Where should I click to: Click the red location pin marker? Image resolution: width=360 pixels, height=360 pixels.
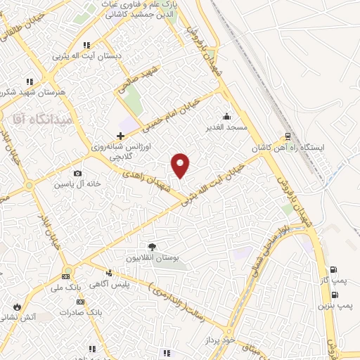click(181, 165)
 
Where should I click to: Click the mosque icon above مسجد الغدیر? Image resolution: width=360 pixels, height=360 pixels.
click(226, 117)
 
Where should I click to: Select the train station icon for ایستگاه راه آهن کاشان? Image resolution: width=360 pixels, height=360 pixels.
click(287, 138)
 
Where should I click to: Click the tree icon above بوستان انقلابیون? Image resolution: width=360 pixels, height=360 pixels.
click(151, 247)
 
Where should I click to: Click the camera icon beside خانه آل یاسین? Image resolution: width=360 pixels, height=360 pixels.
click(77, 173)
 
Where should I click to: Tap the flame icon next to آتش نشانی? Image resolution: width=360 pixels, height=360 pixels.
click(17, 307)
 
